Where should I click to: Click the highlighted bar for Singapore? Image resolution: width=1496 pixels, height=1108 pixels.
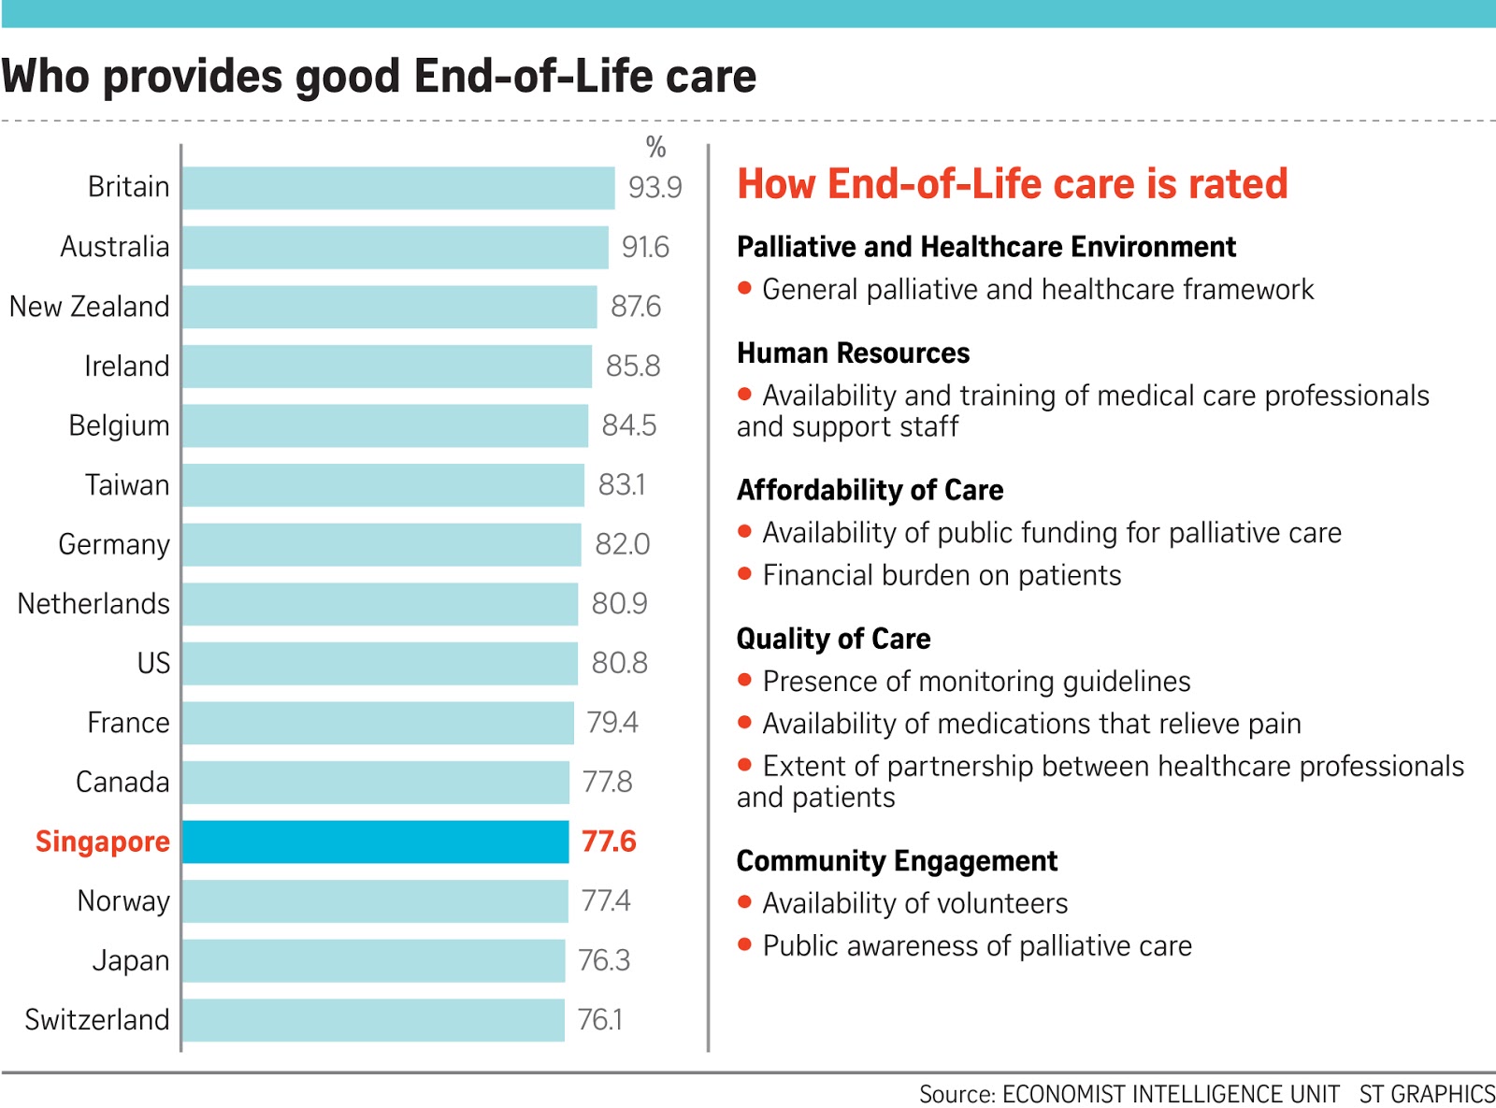coord(375,842)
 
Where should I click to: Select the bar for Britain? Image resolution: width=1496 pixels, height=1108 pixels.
coord(398,188)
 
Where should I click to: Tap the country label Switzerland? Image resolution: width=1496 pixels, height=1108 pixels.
coord(97,1019)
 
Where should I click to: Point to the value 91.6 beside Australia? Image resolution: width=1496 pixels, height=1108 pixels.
coord(645,247)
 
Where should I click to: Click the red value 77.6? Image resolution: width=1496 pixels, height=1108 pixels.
coord(609,842)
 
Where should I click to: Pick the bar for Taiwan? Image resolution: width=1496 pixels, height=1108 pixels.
coord(383,485)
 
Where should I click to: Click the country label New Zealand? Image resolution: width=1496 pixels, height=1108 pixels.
coord(90,307)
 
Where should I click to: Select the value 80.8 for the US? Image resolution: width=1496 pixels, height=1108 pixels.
coord(619,663)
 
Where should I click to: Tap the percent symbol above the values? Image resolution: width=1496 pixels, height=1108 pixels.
coord(655,148)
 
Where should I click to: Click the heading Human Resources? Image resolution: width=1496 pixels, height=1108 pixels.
coord(853,353)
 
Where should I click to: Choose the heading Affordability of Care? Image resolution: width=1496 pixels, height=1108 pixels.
coord(870,490)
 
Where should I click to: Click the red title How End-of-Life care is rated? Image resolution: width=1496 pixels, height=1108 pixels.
coord(1012,184)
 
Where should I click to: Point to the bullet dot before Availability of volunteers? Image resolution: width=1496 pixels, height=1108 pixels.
coord(745,902)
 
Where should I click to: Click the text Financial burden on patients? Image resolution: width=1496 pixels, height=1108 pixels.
coord(942,575)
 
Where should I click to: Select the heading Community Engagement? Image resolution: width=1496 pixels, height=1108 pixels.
coord(897,861)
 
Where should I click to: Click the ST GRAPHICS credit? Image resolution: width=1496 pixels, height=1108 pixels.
coord(1427,1094)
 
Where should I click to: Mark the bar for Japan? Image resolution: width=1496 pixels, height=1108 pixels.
coord(373,961)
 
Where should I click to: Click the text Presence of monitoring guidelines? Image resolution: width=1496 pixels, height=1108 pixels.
coord(976,682)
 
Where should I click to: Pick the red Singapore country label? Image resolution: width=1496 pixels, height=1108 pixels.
coord(103,842)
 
